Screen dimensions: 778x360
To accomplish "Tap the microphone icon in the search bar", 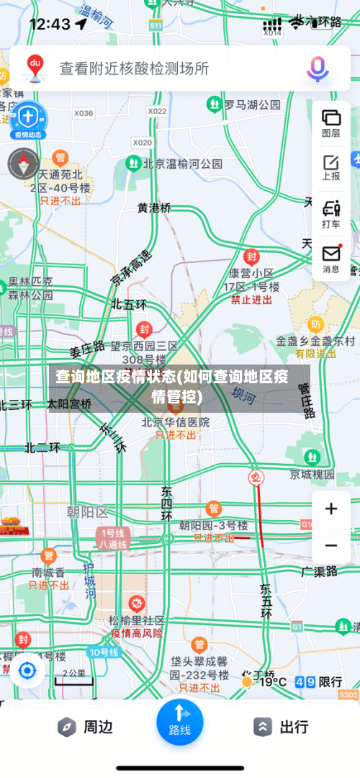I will tap(318, 68).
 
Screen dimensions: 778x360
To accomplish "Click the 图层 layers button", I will tap(331, 123).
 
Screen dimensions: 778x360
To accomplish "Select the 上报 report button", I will tap(331, 167).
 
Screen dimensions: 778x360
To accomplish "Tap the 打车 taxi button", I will tap(331, 214).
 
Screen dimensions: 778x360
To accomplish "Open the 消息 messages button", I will tap(331, 259).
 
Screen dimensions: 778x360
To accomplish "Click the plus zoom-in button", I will tap(331, 509).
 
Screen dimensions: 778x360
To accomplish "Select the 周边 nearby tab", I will tap(86, 727).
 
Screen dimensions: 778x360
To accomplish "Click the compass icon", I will tap(23, 164).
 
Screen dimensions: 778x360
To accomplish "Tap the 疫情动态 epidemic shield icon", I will tap(27, 118).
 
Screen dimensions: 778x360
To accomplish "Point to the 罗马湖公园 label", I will tap(251, 105).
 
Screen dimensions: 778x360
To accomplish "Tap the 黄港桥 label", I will tap(155, 208).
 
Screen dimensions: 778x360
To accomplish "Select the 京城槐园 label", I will tap(312, 474).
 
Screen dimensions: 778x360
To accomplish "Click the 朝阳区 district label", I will tap(86, 512).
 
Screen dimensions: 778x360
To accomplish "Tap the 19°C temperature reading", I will tap(273, 681).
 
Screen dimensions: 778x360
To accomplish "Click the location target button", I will tap(27, 671).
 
